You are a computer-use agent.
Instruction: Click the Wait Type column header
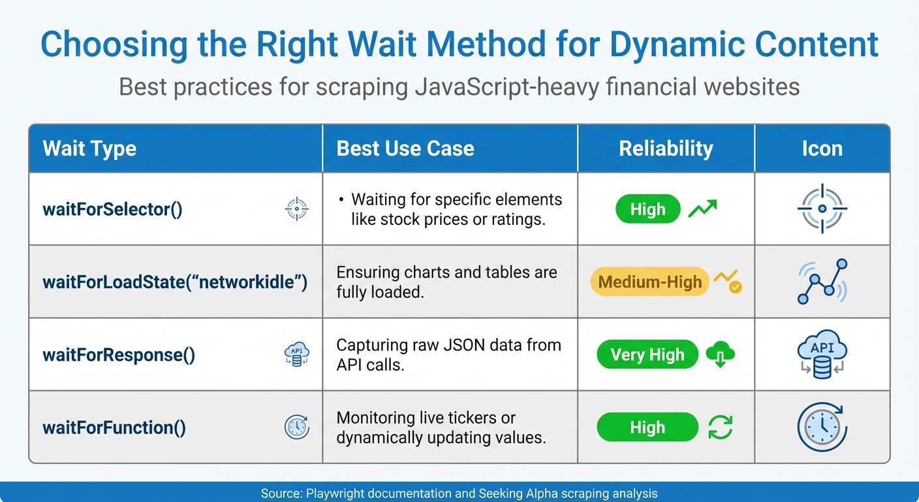[89, 148]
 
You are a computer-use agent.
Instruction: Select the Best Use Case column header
[405, 148]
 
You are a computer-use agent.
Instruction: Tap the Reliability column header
[666, 148]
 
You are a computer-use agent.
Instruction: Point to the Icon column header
[822, 148]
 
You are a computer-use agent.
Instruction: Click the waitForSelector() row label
[112, 209]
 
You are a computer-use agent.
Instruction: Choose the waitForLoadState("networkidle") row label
[174, 282]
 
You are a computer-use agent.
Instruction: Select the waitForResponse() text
[119, 355]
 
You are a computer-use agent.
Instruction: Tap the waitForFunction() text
[114, 427]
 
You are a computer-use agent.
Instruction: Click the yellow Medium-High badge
[649, 282]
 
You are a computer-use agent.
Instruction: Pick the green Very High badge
[647, 355]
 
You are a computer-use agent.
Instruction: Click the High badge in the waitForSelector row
[647, 209]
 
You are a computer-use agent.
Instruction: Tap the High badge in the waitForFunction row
[647, 427]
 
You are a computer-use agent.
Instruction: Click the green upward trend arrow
[702, 209]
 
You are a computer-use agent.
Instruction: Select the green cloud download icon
[720, 355]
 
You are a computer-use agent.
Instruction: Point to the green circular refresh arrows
[720, 427]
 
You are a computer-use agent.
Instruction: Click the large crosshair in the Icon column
[822, 209]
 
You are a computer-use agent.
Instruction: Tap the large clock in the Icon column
[822, 427]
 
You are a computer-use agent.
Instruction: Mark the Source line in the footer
[459, 494]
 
